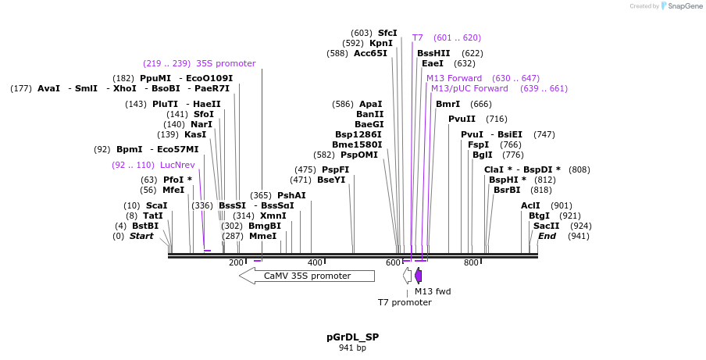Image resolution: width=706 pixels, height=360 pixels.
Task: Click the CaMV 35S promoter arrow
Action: (x=307, y=276)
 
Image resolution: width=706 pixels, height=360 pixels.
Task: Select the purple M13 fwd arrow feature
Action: (x=419, y=276)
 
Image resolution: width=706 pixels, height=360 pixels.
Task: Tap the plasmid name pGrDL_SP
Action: (x=352, y=337)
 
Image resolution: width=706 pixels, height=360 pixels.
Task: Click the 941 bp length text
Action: (x=352, y=348)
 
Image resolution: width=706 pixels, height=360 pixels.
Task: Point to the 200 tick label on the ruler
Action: (x=237, y=263)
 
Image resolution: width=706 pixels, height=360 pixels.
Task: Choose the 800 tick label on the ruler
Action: (x=471, y=263)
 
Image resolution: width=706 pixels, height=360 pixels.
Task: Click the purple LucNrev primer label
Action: (x=177, y=165)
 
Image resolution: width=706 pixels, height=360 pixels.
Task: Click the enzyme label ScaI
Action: (x=156, y=205)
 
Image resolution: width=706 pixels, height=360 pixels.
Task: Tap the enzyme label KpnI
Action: (x=381, y=43)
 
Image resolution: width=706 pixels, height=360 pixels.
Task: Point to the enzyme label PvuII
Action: (x=462, y=119)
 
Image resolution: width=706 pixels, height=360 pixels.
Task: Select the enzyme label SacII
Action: (x=547, y=226)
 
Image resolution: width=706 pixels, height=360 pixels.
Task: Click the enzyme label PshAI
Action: (x=291, y=195)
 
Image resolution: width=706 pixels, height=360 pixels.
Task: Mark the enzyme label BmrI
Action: (x=447, y=104)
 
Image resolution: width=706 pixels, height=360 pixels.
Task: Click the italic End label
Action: (x=547, y=236)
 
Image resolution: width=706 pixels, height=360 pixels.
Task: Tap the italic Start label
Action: (x=141, y=236)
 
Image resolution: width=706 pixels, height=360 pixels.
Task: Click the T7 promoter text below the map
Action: (x=405, y=301)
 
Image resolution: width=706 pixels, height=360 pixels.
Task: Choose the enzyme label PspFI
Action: (x=335, y=169)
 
